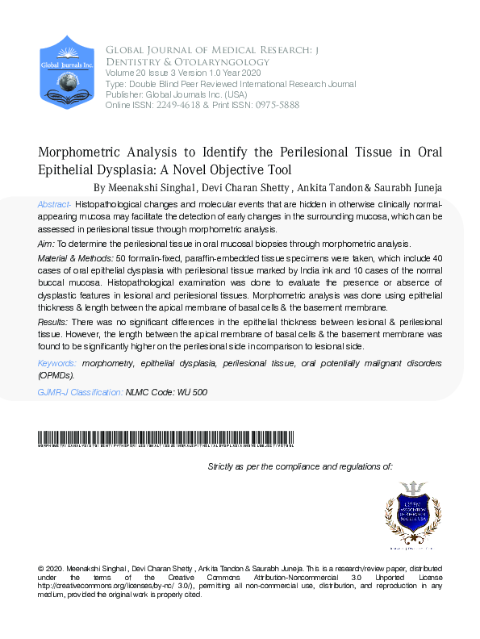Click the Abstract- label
(55, 205)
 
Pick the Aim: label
(46, 244)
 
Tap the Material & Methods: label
(75, 257)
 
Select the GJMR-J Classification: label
(80, 392)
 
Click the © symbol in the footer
(41, 569)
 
